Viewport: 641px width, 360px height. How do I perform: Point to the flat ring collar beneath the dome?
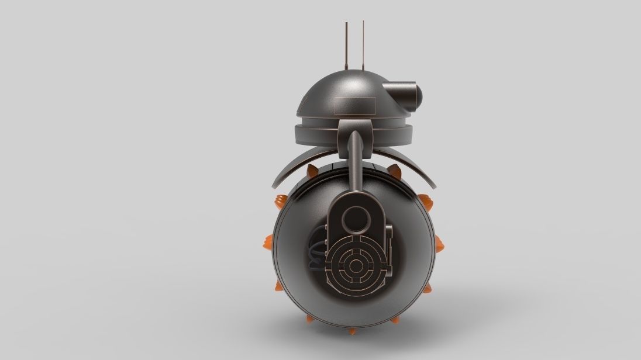tap(328, 125)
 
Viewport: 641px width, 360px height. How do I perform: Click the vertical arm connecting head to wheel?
tap(356, 164)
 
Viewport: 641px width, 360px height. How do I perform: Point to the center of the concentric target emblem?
tap(355, 265)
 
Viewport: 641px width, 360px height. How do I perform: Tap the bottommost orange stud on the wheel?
tap(353, 331)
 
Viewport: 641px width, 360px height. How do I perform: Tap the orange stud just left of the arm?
tap(312, 171)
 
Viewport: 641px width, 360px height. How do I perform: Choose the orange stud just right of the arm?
tap(394, 171)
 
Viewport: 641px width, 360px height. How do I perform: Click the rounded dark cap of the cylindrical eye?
tap(418, 93)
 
